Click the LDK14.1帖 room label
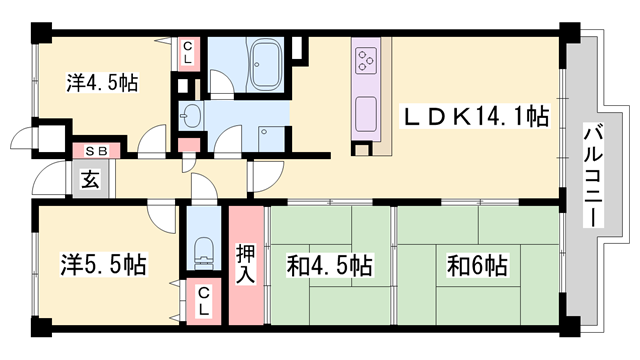(x=476, y=117)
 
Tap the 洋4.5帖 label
(x=88, y=84)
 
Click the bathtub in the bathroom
(x=266, y=63)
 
